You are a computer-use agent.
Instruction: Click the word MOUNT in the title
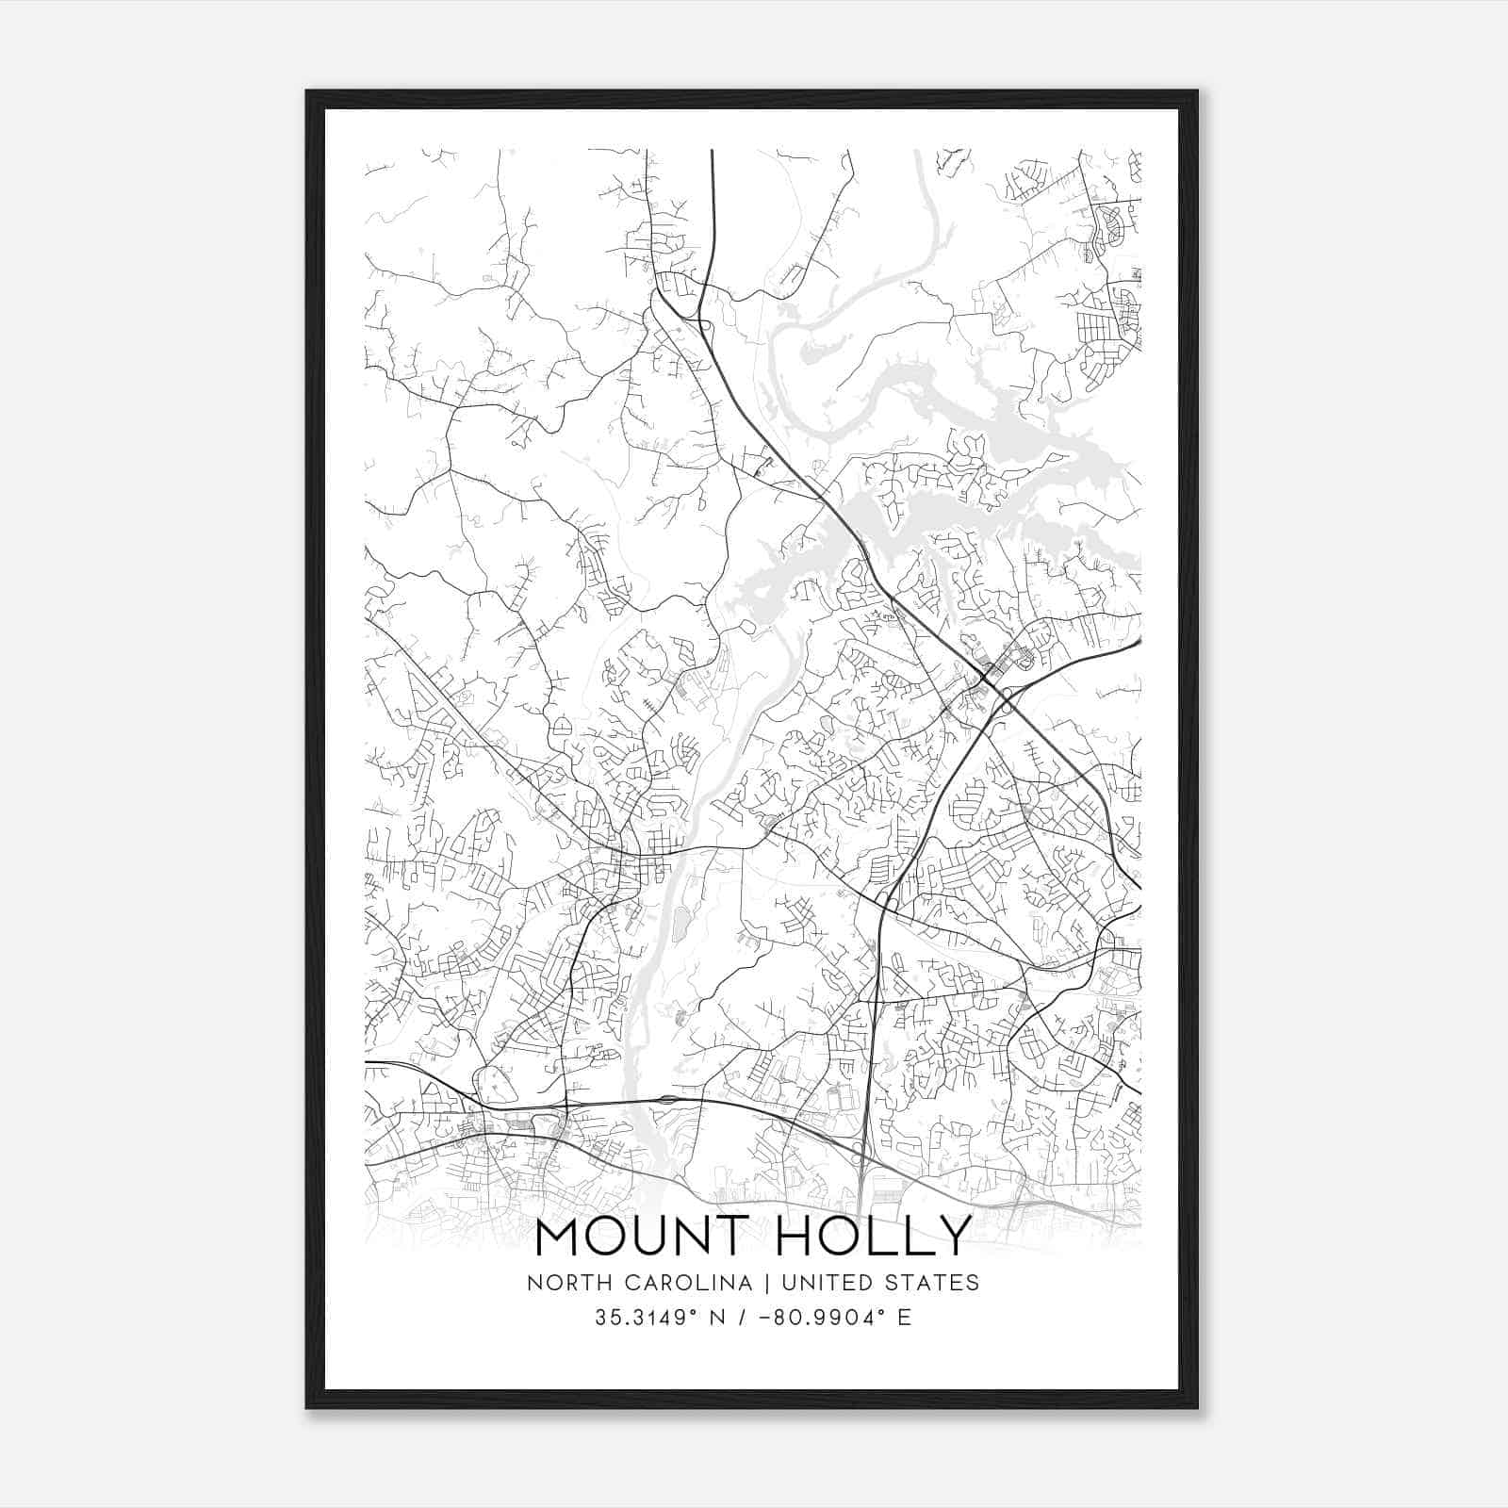pyautogui.click(x=641, y=1237)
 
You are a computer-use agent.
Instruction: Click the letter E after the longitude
pyautogui.click(x=905, y=1317)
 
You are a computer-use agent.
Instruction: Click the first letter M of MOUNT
pyautogui.click(x=557, y=1237)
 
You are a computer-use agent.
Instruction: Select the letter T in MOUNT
pyautogui.click(x=729, y=1237)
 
